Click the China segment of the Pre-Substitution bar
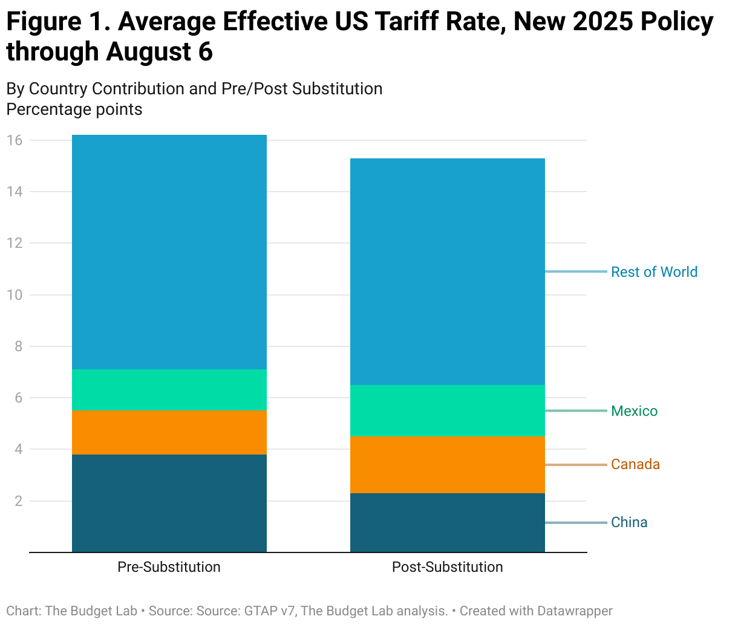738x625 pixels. (169, 503)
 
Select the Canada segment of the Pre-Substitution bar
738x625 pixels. (169, 432)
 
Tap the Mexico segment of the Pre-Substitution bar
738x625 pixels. (169, 390)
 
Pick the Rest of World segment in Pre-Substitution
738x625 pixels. (169, 252)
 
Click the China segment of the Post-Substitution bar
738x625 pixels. (448, 522)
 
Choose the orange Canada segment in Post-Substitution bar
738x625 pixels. (448, 464)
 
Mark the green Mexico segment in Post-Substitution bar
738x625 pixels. (448, 410)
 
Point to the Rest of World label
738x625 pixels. (654, 272)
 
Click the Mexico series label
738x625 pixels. (634, 411)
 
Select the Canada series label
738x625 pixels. (635, 464)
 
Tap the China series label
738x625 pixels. (629, 522)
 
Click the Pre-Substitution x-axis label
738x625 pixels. (169, 567)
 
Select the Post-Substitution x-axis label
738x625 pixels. (447, 567)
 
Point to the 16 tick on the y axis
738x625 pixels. (15, 140)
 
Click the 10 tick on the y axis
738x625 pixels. (15, 295)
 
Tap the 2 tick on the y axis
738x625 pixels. (18, 501)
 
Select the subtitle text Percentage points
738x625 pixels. (74, 109)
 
